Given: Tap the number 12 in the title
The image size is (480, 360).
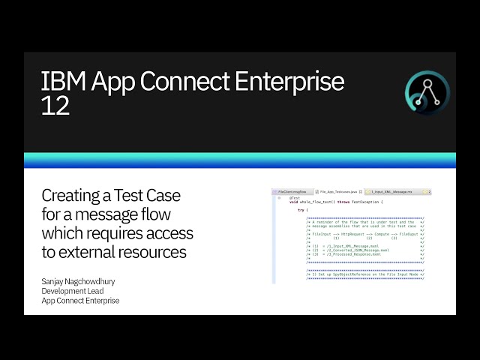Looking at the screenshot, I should pos(55,106).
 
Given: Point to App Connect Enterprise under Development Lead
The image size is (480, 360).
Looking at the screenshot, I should pos(80,301).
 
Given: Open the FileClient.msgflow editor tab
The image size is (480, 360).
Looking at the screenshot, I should pos(292,192).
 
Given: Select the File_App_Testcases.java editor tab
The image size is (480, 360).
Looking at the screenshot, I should pos(337,192).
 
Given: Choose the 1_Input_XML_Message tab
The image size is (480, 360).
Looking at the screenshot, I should pos(393,192).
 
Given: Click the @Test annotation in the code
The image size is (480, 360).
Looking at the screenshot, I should pos(294,198).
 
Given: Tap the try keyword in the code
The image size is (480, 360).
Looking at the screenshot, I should pos(301,210).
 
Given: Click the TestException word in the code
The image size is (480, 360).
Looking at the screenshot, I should pos(367,202).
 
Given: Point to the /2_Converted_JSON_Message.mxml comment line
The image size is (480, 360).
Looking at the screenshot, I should pos(352,250).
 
